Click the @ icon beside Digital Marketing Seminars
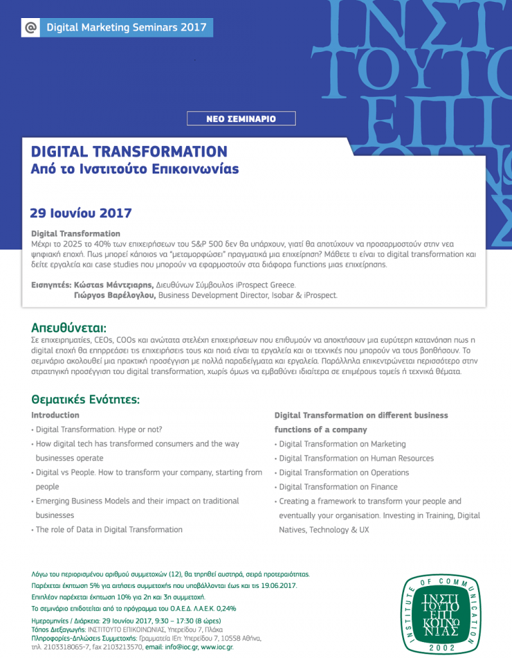(30, 28)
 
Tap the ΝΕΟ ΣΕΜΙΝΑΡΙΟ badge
(241, 119)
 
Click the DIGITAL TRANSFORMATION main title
(129, 152)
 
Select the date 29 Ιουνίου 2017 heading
(81, 212)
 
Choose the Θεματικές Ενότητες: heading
(85, 400)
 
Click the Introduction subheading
(55, 415)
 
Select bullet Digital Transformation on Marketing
(342, 444)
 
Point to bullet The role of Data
(109, 530)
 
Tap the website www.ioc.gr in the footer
(218, 647)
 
